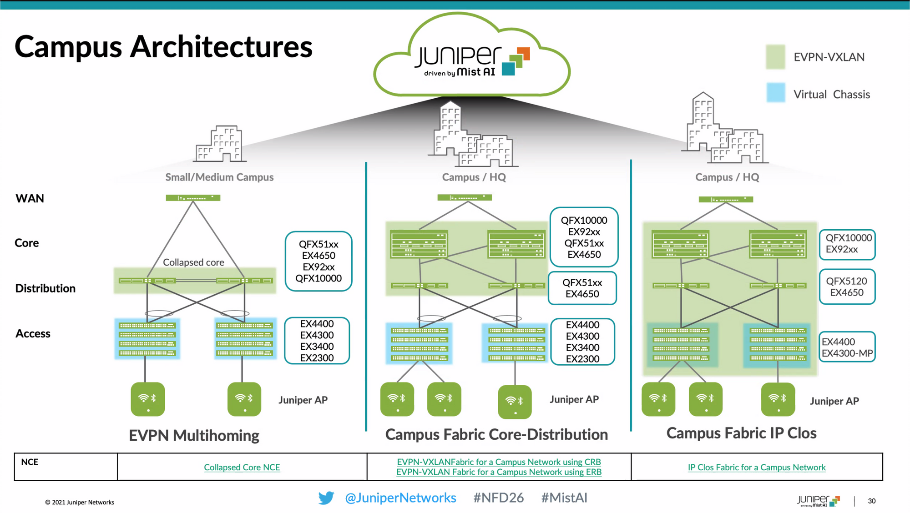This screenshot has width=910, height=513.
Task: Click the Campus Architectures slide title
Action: click(x=163, y=47)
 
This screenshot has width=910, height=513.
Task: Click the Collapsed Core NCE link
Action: click(x=242, y=467)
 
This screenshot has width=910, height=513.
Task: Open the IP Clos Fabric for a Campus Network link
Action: click(x=756, y=467)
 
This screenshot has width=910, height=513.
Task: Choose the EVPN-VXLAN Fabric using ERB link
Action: click(x=499, y=472)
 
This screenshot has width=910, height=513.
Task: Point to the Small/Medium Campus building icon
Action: click(x=220, y=144)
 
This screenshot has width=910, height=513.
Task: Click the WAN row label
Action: click(x=30, y=198)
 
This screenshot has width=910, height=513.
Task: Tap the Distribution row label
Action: click(x=45, y=288)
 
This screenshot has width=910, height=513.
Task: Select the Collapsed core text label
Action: click(x=193, y=262)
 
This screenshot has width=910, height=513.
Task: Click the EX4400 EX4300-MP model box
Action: click(x=847, y=347)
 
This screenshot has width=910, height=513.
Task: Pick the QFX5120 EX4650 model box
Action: click(x=847, y=287)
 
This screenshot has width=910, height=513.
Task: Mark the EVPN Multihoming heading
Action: click(x=194, y=435)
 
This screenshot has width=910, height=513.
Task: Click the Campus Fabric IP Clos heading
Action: click(x=741, y=433)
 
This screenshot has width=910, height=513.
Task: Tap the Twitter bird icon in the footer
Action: click(x=326, y=498)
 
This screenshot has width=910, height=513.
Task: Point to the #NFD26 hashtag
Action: click(x=498, y=498)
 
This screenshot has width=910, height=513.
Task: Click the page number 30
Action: click(x=871, y=501)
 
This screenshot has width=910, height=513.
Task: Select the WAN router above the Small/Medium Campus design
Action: click(x=193, y=198)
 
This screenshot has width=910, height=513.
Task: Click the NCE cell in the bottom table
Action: click(x=30, y=462)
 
